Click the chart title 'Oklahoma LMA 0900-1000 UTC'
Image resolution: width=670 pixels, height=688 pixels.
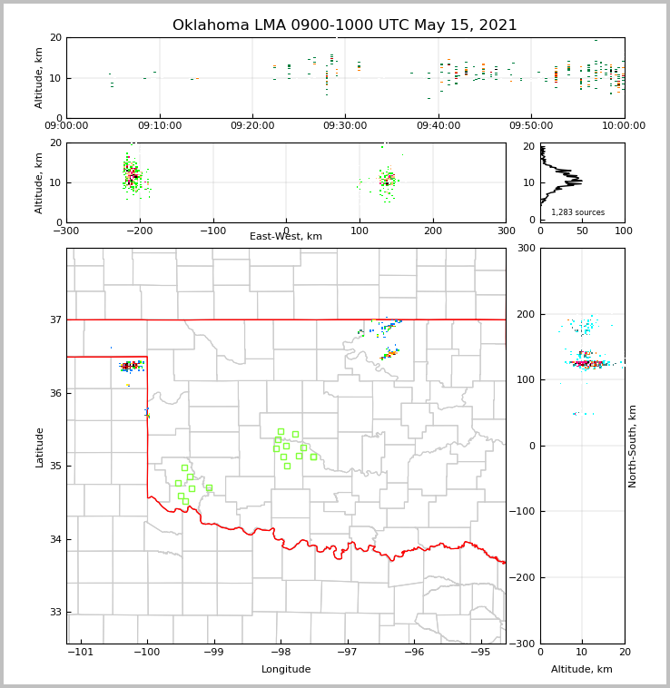344,25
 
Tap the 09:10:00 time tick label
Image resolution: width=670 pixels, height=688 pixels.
160,125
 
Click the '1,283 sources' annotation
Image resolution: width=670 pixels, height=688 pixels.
577,212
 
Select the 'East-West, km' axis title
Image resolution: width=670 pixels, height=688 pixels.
286,237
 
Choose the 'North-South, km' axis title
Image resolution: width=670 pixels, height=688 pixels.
633,446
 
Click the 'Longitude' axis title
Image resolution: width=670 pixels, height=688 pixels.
286,670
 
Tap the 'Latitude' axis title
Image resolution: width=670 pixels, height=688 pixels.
39,447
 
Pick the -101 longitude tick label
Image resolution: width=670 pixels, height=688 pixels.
81,652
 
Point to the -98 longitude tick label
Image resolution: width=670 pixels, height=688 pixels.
281,652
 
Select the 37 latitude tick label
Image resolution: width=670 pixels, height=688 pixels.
54,319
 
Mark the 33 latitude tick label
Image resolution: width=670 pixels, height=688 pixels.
54,613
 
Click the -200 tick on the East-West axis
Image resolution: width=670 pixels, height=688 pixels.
140,230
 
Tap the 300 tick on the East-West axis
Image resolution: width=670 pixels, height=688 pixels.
506,230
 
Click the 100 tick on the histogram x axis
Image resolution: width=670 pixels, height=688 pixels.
624,230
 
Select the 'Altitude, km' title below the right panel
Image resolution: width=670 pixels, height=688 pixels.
582,670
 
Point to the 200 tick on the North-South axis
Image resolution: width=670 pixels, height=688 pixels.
527,314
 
